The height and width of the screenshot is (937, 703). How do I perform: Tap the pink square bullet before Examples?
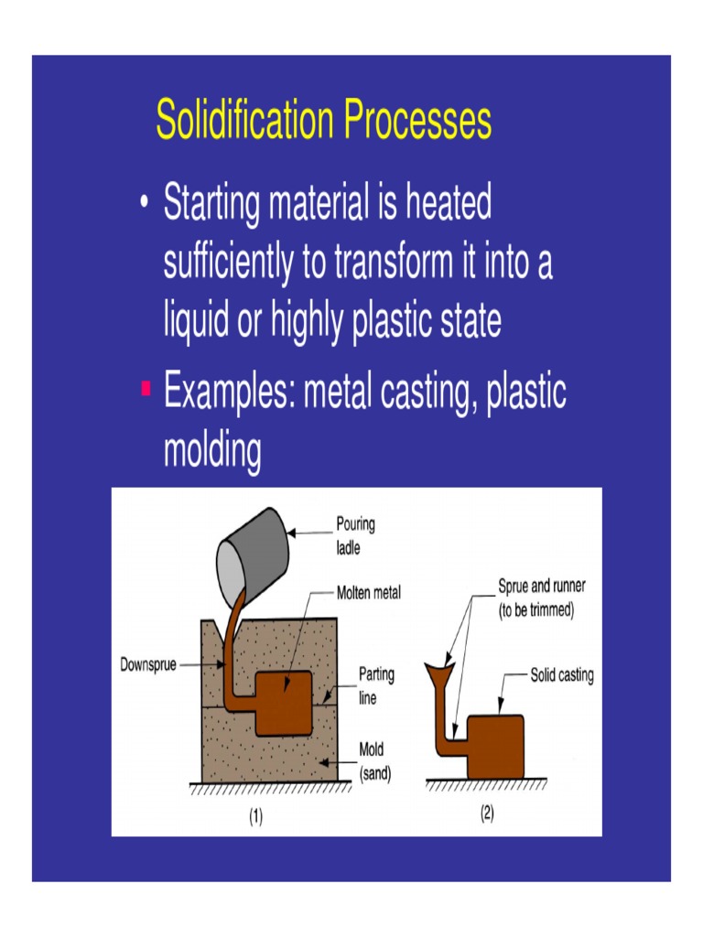tap(145, 391)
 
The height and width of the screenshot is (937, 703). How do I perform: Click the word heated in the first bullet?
tap(446, 203)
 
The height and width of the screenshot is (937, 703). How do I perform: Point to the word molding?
tap(211, 450)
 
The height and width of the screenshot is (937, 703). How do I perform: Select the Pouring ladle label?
tap(355, 536)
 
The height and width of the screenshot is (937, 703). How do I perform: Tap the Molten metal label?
tap(369, 592)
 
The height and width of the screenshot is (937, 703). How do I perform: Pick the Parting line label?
tap(376, 684)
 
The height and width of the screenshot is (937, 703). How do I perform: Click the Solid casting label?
tap(562, 676)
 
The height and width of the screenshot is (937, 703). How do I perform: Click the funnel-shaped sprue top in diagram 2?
tap(441, 676)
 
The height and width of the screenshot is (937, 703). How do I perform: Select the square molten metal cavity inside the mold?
tap(284, 704)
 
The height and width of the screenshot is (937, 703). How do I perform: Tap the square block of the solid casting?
tap(495, 746)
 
